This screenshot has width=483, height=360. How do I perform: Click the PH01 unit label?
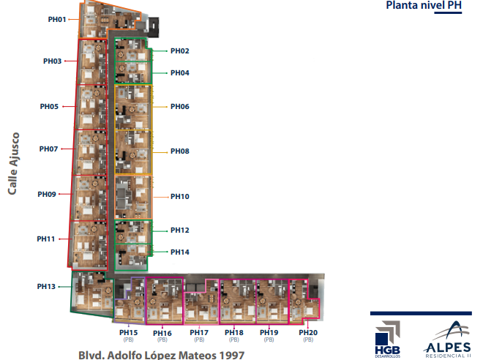pos(57,19)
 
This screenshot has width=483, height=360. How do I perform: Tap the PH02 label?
pos(180,51)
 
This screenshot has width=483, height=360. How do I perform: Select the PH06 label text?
pos(180,107)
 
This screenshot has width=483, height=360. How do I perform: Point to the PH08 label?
pos(180,151)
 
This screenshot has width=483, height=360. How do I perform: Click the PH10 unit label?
pos(180,197)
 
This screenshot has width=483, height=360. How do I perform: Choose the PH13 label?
pos(47,286)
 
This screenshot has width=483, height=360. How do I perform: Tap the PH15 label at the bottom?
pos(128,332)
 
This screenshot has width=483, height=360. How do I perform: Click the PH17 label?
pos(199,333)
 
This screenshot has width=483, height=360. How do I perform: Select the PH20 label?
pos(308,333)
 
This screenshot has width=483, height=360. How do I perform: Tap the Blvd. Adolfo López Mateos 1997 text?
pos(161,354)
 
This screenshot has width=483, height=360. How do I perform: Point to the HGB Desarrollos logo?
pos(387,337)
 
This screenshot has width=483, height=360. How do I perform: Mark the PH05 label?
pos(49,107)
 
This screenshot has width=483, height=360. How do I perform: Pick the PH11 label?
pos(47,239)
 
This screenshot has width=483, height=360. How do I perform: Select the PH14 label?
pos(180,252)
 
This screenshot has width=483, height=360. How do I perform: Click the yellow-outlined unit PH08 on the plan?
pos(132,152)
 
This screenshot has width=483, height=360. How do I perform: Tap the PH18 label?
pos(234,333)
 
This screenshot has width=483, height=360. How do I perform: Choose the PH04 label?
pos(180,73)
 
